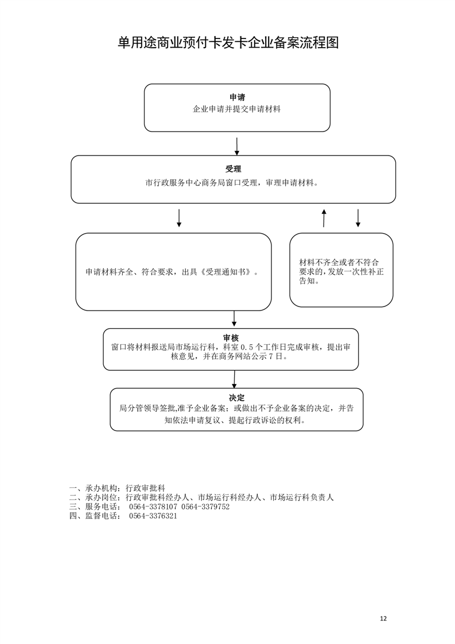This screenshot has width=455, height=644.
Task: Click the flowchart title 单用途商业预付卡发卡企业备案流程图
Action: coord(228,42)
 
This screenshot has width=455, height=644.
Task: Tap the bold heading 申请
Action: coord(237,98)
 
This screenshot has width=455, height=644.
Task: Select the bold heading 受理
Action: coord(234,169)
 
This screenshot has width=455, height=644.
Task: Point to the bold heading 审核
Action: coord(231,338)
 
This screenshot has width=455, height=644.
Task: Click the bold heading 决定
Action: coord(236,398)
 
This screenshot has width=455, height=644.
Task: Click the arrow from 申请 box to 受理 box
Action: coord(237,146)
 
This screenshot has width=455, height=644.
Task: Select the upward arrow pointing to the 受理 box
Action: coord(324,218)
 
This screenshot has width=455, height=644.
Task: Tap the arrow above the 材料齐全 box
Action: coord(178,218)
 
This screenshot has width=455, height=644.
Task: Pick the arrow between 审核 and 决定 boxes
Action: coord(234,379)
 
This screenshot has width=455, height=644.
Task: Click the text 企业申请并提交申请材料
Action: coord(237,109)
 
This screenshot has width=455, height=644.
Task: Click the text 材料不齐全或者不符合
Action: coord(339,262)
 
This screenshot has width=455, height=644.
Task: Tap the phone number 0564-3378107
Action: coord(153,507)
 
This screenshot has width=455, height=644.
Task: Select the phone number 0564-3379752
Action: coord(205,507)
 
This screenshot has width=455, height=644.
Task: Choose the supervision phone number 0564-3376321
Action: coord(153,516)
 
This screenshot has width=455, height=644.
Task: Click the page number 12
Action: coord(383,619)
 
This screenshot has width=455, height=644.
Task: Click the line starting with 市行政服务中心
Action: coord(232,183)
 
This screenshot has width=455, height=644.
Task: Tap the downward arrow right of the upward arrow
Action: coord(357,218)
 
